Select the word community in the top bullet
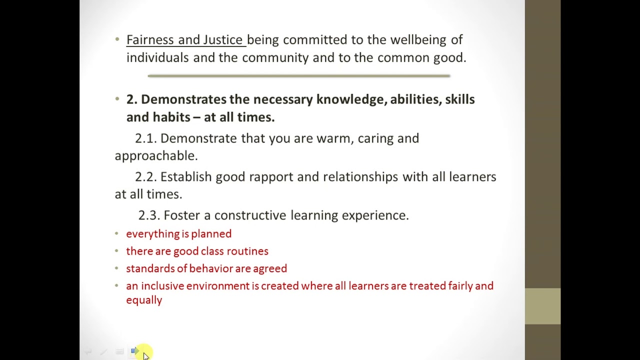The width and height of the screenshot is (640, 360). (275, 58)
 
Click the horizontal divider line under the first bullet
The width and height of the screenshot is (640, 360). (299, 76)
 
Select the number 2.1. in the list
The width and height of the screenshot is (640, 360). (145, 138)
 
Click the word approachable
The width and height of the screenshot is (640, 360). (155, 156)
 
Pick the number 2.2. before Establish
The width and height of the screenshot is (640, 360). (146, 177)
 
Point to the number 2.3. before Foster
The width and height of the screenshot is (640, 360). (149, 215)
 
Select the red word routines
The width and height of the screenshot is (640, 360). (247, 251)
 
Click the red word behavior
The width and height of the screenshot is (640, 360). (210, 268)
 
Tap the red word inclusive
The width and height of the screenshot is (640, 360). (162, 286)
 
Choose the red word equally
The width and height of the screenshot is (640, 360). (144, 300)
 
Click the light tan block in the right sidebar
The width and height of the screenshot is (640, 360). (542, 306)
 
